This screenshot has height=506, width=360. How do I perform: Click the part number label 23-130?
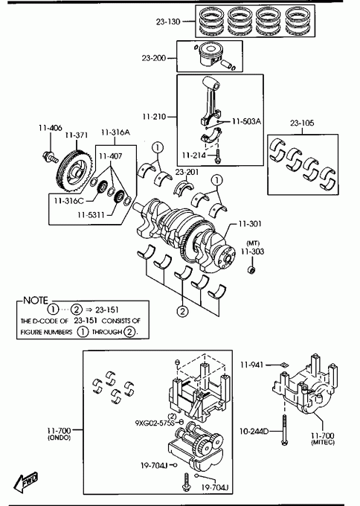tap(168, 22)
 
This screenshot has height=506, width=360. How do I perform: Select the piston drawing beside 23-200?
tap(210, 54)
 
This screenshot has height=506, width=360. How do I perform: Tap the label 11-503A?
tap(246, 121)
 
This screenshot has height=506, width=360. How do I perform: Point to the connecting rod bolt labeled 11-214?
tap(219, 156)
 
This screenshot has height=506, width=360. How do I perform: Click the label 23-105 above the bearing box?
tap(302, 123)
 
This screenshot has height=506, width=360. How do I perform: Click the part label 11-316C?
tap(68, 201)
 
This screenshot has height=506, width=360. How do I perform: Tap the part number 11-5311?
tap(91, 214)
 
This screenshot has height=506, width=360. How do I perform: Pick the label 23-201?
tap(187, 173)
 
